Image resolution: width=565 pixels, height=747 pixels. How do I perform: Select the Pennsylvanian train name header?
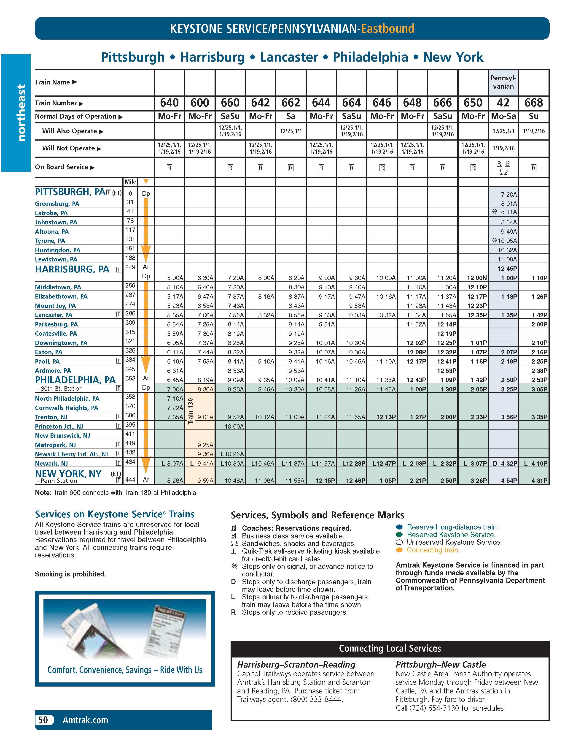pyautogui.click(x=503, y=82)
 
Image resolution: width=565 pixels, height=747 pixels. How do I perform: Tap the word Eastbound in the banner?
pyautogui.click(x=387, y=28)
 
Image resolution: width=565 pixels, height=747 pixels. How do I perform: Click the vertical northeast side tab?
pyautogui.click(x=21, y=113)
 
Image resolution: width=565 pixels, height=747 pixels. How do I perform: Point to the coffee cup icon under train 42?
pyautogui.click(x=503, y=172)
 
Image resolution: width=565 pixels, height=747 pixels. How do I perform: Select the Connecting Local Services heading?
pyautogui.click(x=390, y=648)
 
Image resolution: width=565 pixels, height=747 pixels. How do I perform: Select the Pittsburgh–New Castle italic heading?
pyautogui.click(x=441, y=665)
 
